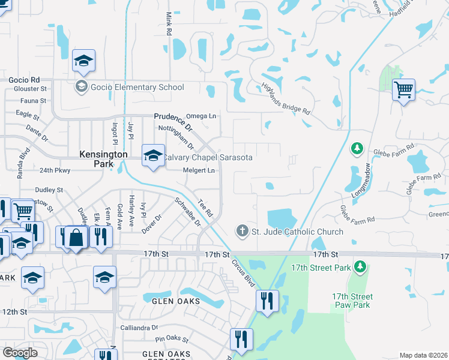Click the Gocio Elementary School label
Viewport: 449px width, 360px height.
tap(137, 87)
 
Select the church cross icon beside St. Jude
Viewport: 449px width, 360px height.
tap(241, 231)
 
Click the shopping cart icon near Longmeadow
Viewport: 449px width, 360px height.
tap(404, 91)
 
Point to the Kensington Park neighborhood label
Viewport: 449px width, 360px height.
tap(104, 158)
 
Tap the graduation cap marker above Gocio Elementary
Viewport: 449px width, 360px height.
tap(84, 60)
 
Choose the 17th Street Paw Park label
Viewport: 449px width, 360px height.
tap(352, 301)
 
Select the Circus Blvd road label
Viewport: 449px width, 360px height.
tap(243, 271)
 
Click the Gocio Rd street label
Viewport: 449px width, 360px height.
tap(24, 80)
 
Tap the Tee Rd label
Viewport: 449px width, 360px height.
tap(205, 208)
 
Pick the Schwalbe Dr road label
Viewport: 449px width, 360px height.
tap(188, 211)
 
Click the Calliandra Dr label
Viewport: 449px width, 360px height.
tap(139, 328)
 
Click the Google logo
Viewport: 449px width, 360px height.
tap(20, 353)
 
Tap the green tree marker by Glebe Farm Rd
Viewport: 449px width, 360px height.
tap(357, 148)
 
